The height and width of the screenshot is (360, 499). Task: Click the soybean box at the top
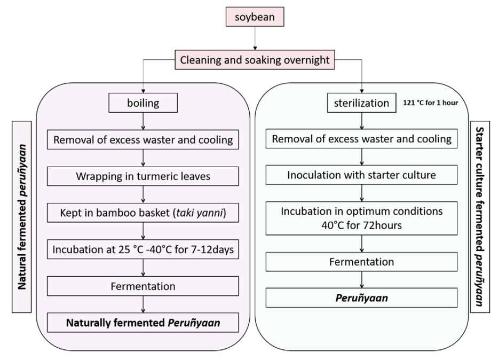click(x=255, y=18)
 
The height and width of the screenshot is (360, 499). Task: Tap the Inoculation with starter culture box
click(x=361, y=175)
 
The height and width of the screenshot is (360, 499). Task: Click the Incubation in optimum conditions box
click(x=361, y=217)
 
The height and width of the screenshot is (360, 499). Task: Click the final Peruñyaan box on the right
click(x=361, y=298)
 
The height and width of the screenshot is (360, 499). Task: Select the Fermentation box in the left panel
click(x=144, y=286)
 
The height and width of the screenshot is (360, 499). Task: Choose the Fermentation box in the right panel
click(x=361, y=262)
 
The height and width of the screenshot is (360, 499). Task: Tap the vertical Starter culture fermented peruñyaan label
click(x=479, y=216)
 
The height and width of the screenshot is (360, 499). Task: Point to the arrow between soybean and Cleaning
click(x=255, y=40)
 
